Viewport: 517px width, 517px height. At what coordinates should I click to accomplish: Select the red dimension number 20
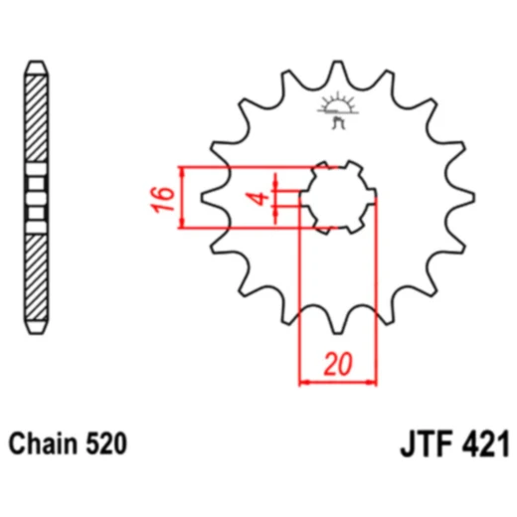click(x=339, y=365)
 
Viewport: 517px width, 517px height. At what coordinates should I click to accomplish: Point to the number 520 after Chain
click(x=106, y=444)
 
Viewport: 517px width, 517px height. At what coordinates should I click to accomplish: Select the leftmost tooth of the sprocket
click(x=211, y=199)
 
